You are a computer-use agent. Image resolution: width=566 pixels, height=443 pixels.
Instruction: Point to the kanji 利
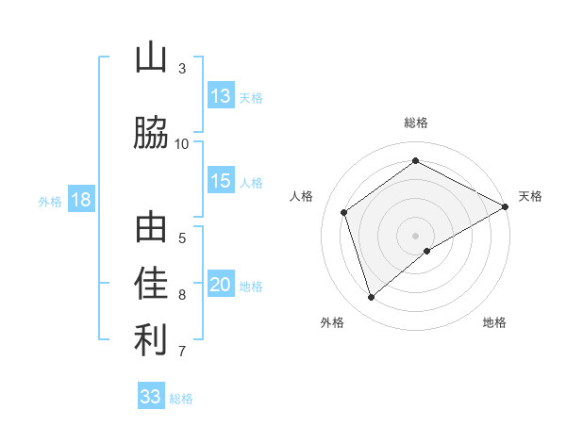151,341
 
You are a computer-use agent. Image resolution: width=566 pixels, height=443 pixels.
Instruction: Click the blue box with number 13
221,96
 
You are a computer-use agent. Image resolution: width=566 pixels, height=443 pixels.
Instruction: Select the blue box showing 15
221,181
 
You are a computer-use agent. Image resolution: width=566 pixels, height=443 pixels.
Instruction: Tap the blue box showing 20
221,286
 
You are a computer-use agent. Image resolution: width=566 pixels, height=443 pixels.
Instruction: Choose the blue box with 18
80,200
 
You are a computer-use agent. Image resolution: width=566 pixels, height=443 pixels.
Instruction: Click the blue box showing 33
151,397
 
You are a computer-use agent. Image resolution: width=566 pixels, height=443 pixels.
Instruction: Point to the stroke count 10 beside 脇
182,143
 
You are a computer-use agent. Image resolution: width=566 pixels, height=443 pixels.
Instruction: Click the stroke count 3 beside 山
182,69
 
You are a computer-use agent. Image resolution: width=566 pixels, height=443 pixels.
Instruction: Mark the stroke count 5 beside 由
182,238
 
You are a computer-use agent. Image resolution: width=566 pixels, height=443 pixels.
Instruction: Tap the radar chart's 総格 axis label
416,123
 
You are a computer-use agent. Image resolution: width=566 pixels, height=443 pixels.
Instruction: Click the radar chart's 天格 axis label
530,196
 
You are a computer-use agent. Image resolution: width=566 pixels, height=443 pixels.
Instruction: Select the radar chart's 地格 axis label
494,322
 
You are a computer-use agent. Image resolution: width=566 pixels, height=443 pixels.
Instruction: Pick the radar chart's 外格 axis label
332,322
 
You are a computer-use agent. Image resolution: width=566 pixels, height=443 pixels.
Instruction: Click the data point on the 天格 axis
506,206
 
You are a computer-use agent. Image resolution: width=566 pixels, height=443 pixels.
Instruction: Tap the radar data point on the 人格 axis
344,212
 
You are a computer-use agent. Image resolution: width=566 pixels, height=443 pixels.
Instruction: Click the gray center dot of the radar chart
416,235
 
